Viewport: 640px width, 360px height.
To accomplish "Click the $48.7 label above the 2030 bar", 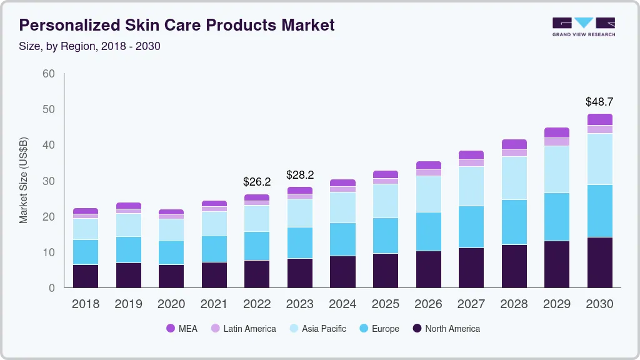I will coord(599,101).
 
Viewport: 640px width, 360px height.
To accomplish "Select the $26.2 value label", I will coord(257,182).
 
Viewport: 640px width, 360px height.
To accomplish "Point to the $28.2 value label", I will coord(299,174).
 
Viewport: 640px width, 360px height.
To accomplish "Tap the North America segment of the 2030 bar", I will coord(599,262).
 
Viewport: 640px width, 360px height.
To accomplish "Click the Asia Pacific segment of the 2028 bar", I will coord(514,178).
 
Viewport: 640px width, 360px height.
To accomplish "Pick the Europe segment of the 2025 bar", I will coord(386,236).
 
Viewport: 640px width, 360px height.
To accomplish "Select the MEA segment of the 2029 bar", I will coord(557,132).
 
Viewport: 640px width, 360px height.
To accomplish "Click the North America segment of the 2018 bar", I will coord(86,276).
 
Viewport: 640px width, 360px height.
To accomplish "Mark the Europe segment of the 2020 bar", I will coord(171,252).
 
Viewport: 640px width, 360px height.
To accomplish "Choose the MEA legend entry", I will coord(181,328).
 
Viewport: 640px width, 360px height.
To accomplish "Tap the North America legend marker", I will coord(417,328).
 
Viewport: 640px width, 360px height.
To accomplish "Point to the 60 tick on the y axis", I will coord(49,74).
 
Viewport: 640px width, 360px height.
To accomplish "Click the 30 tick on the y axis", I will coord(49,181).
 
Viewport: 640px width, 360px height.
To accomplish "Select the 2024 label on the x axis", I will coord(342,304).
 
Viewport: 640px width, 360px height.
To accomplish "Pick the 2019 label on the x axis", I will coord(128,304).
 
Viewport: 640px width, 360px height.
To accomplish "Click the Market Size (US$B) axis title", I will coord(24,180).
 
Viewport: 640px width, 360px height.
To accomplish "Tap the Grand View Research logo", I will coord(583,26).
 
